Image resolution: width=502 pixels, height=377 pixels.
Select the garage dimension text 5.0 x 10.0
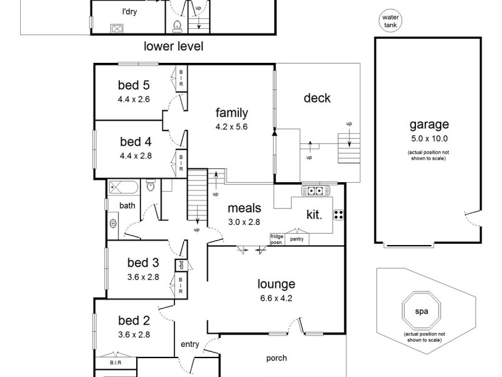pos(429,139)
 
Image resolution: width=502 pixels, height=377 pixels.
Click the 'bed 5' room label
pos(134,85)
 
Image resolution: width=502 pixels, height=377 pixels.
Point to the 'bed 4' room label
pos(134,142)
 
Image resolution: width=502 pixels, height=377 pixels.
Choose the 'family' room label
pos(232,113)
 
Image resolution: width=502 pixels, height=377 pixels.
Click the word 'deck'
pos(317,98)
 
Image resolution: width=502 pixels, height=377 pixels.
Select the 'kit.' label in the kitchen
pos(314,214)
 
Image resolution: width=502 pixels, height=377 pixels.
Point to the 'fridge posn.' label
pos(277,239)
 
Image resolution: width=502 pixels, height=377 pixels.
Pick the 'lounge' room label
pos(275,284)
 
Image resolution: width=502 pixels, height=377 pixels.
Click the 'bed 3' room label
pos(134,263)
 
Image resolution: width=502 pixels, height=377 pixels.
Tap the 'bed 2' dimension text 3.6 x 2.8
pos(134,335)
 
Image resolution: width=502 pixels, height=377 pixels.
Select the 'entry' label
pos(190,344)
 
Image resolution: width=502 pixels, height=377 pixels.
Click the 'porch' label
pos(276,358)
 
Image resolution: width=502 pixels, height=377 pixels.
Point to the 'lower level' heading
pos(174,46)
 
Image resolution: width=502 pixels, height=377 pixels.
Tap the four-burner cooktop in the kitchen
pos(339,216)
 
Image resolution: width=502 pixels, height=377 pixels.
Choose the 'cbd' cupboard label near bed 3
pos(181,265)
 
